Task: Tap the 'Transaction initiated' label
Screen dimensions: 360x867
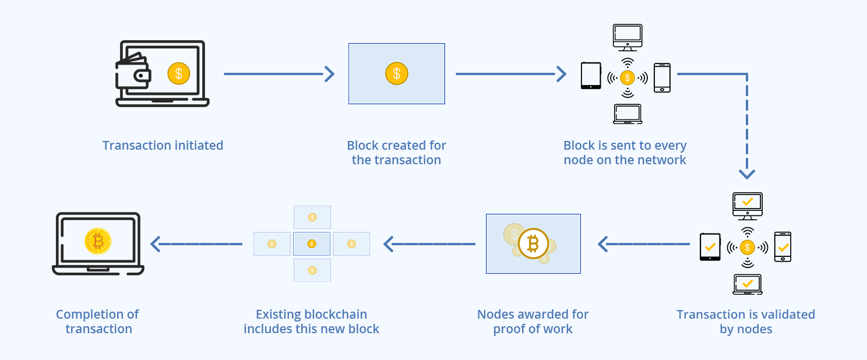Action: (x=163, y=146)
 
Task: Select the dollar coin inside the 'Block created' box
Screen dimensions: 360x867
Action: (x=396, y=73)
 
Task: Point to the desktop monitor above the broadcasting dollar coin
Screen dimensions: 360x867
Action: (x=628, y=37)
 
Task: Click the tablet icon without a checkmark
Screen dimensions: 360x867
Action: (x=590, y=76)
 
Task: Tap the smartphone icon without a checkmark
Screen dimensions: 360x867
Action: (x=662, y=77)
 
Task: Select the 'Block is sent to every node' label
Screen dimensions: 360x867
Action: (x=625, y=153)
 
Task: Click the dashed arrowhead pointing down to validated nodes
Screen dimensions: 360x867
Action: (x=746, y=173)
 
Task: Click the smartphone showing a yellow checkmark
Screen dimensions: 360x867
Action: (x=783, y=247)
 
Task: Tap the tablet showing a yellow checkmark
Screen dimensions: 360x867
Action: (x=710, y=247)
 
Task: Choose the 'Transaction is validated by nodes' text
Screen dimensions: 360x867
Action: (x=745, y=322)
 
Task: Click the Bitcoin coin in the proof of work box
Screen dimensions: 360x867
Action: (x=533, y=243)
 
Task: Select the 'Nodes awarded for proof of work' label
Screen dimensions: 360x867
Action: (x=533, y=322)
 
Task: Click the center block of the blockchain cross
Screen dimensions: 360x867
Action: (x=312, y=243)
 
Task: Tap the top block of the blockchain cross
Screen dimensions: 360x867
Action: (x=312, y=217)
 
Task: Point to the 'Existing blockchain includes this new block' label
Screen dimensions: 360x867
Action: (x=311, y=322)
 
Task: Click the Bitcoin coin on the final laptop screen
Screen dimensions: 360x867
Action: (x=97, y=241)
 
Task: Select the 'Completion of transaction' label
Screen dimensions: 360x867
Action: (x=98, y=322)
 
